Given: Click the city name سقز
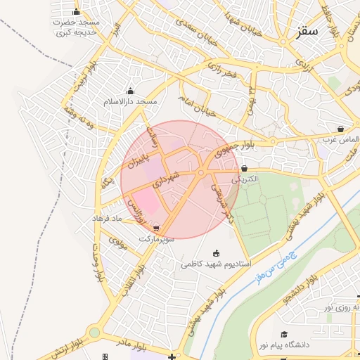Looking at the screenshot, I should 308,32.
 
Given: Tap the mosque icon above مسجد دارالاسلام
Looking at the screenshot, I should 129,91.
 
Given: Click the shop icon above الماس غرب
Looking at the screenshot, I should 340,129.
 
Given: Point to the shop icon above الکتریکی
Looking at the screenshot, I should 244,169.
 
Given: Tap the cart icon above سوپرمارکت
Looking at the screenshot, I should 155,229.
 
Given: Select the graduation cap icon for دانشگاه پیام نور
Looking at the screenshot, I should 284,334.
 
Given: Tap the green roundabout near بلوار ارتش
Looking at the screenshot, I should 94,333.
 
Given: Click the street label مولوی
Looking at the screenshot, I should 117,245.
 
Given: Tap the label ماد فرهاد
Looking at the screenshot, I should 108,219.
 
